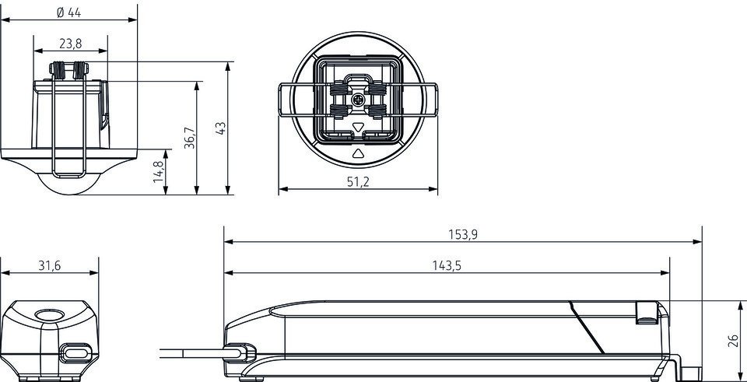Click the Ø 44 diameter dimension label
coord(68,12)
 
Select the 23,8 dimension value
coord(71,44)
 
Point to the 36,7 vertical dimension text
coord(190,138)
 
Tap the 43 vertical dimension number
coord(220,128)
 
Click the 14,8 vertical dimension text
coord(159,173)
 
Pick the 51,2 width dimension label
coord(358,181)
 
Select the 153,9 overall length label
coord(462,234)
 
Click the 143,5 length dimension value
coord(447,265)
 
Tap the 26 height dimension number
coord(734,341)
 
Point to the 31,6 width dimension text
coord(50,265)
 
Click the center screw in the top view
coord(358,100)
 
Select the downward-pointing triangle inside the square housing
coord(358,127)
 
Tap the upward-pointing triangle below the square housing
coord(358,153)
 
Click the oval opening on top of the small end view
coord(50,315)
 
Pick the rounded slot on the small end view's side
coord(75,353)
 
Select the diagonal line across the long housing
coord(587,328)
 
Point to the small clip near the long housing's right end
coord(647,313)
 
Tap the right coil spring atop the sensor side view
coord(80,70)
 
